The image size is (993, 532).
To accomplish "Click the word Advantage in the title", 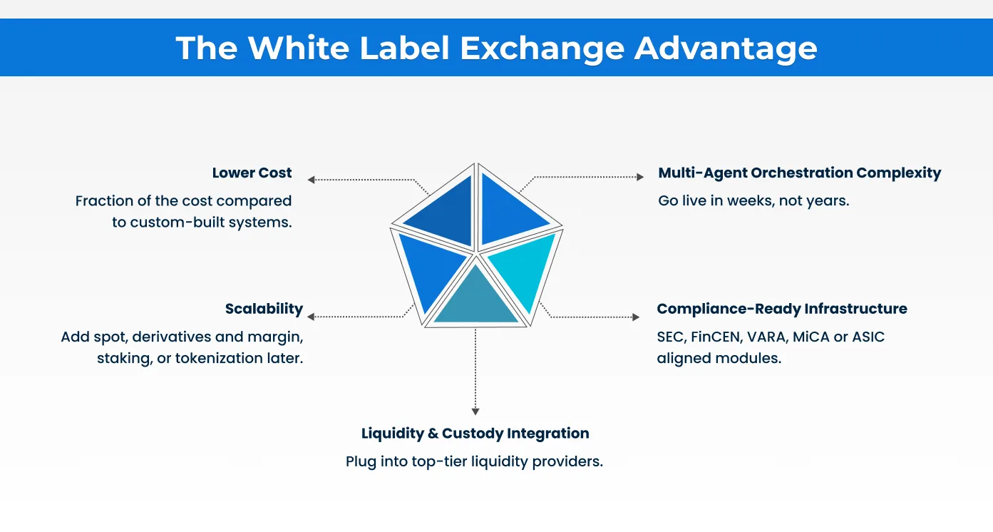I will (x=725, y=48).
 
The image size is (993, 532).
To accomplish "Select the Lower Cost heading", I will (x=252, y=173).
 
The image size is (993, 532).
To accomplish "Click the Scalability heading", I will (x=264, y=309).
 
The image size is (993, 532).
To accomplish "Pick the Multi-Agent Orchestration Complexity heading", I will (x=799, y=173).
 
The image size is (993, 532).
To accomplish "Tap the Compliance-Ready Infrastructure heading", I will (x=781, y=309).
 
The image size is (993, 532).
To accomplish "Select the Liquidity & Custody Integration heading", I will (x=475, y=433).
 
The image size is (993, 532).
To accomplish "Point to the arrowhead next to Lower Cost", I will (x=312, y=180).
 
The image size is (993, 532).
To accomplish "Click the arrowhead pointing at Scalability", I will (x=312, y=317).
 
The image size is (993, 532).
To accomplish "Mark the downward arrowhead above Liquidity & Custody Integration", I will (x=475, y=411).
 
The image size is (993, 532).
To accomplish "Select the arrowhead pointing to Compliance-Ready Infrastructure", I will (x=636, y=317).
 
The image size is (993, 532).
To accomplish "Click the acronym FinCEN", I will (x=715, y=337).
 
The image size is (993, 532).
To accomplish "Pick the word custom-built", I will (x=172, y=222).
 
